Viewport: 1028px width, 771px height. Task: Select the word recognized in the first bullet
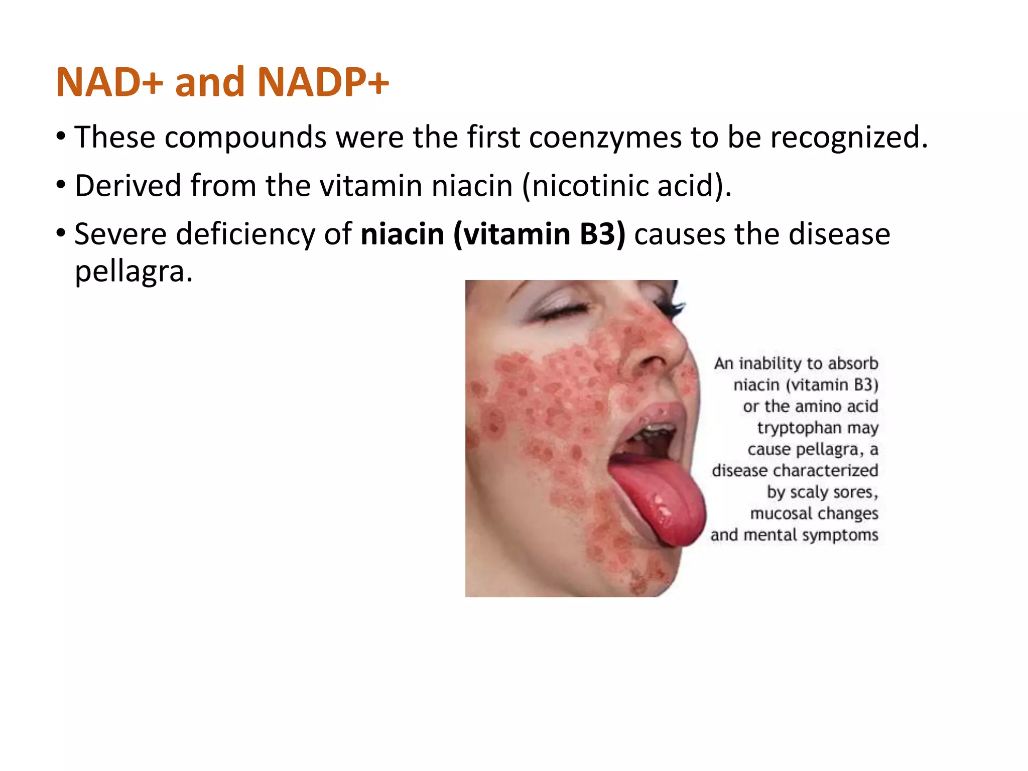[849, 137]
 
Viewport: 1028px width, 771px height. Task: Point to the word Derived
[128, 185]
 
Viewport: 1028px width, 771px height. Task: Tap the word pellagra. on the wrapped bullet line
[134, 272]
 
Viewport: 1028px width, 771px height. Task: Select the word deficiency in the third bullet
[244, 234]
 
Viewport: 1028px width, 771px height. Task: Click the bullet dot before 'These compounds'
[61, 137]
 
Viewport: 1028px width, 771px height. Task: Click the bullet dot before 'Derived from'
[61, 185]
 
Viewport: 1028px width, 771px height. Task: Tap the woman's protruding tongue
[663, 502]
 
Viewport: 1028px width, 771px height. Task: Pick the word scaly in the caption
[808, 492]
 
